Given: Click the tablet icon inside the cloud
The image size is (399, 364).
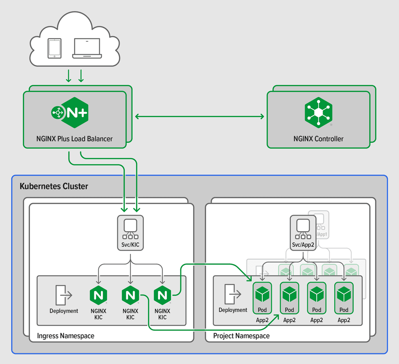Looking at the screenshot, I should [x=54, y=48].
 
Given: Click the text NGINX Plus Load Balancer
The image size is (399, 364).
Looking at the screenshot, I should [x=74, y=139].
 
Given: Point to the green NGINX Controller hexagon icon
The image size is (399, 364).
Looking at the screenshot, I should [x=318, y=113].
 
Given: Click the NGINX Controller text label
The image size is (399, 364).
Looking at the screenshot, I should [x=318, y=139].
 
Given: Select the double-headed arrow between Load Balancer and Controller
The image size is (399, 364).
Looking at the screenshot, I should [x=199, y=116].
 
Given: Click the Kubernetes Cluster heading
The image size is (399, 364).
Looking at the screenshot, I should [x=54, y=186].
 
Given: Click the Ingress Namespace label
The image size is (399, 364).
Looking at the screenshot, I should [x=65, y=336].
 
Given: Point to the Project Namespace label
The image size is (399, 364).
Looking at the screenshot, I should [x=241, y=336].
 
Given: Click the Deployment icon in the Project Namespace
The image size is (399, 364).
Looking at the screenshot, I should [x=233, y=294].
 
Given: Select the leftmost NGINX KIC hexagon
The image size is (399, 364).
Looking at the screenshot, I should [x=98, y=295].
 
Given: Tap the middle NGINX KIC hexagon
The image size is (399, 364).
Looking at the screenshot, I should [x=130, y=295].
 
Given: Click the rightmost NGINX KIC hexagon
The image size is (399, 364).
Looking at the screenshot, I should [x=162, y=295].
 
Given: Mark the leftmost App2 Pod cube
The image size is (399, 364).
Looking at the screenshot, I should [x=262, y=295].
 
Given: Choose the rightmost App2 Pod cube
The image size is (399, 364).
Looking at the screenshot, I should [x=344, y=295].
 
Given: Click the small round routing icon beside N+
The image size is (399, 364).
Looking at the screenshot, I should [x=58, y=113].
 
